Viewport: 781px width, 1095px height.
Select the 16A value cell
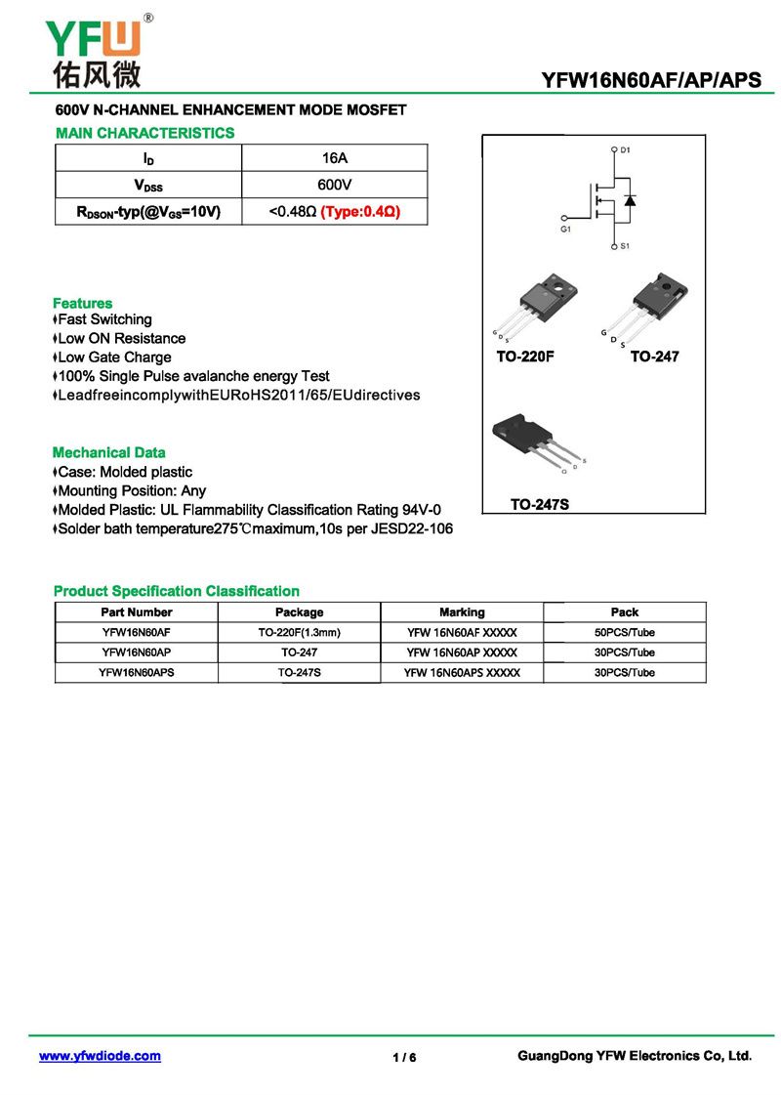[334, 158]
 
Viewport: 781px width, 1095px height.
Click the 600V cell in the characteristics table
[334, 185]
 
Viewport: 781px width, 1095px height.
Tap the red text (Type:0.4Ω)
[361, 211]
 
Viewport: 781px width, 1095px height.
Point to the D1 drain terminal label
[626, 149]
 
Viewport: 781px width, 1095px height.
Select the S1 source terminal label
[626, 246]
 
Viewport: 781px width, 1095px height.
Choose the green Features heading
[82, 303]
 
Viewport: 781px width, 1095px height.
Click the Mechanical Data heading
[108, 452]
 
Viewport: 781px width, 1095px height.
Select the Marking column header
[462, 612]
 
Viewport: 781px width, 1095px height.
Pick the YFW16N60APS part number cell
[137, 672]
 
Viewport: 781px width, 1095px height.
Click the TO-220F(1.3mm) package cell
[299, 633]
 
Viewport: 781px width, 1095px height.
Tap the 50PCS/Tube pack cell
[625, 633]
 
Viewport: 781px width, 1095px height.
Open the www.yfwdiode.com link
[100, 1056]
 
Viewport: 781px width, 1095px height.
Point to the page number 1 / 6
[404, 1058]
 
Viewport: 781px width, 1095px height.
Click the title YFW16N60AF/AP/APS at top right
[651, 81]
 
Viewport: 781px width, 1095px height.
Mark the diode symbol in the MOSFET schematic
[630, 201]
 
